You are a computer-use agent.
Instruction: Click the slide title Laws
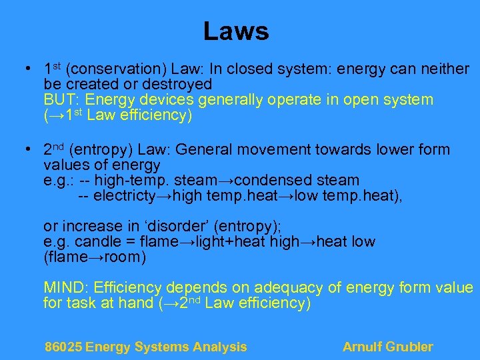coord(235,31)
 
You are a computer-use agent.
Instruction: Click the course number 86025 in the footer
coord(63,347)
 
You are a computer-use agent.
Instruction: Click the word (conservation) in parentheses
coord(117,69)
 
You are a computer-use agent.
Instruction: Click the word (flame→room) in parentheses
coord(95,257)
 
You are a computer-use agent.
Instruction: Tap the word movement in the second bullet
coord(317,149)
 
